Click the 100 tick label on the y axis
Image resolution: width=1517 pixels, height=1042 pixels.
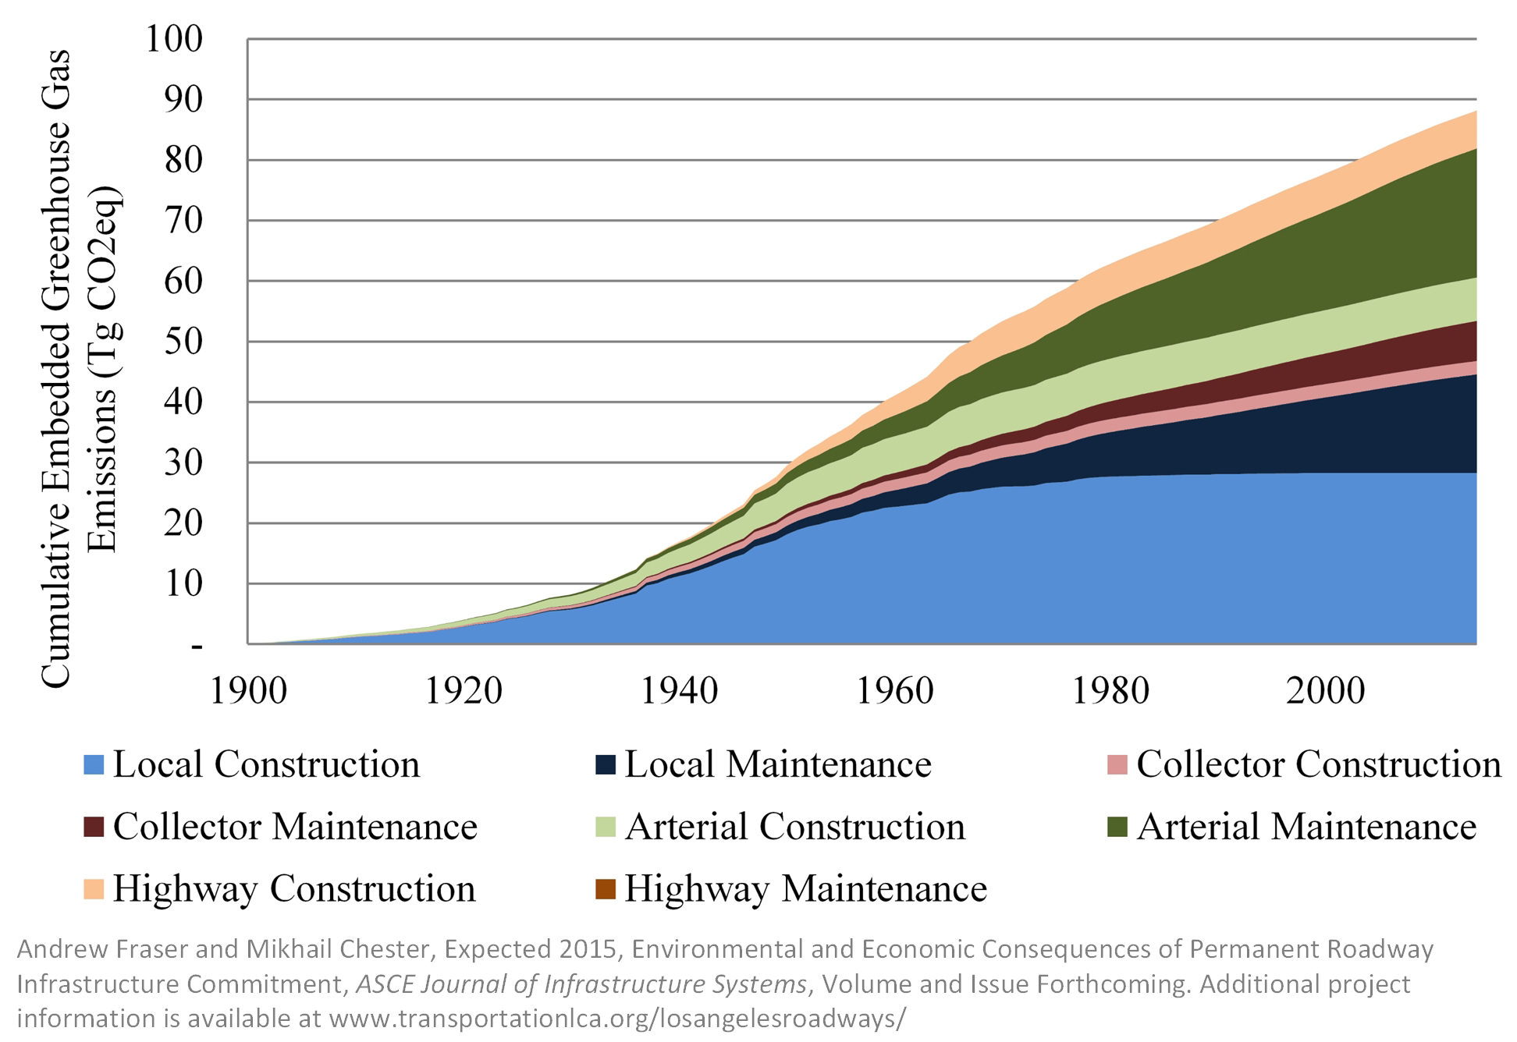[x=173, y=39]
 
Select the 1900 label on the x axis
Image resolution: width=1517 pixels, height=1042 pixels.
[x=248, y=691]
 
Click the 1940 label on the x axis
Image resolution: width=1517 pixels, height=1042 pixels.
[x=678, y=691]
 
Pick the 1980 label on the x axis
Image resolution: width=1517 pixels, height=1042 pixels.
[x=1110, y=691]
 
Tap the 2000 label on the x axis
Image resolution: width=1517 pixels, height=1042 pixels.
[x=1325, y=691]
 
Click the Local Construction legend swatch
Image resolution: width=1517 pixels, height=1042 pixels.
[x=94, y=765]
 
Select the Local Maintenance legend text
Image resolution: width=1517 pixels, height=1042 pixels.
[x=777, y=765]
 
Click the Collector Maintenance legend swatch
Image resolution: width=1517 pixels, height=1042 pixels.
[x=94, y=828]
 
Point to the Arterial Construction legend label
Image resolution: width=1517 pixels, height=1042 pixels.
[x=794, y=828]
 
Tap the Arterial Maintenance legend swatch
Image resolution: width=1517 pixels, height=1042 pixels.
[x=1117, y=828]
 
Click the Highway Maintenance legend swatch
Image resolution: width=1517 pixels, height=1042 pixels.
[x=606, y=889]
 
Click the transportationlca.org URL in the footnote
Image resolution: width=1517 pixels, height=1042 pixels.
[x=616, y=1019]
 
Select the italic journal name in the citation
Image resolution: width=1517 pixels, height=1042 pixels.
[x=581, y=984]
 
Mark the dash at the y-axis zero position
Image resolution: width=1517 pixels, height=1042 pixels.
[x=197, y=647]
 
